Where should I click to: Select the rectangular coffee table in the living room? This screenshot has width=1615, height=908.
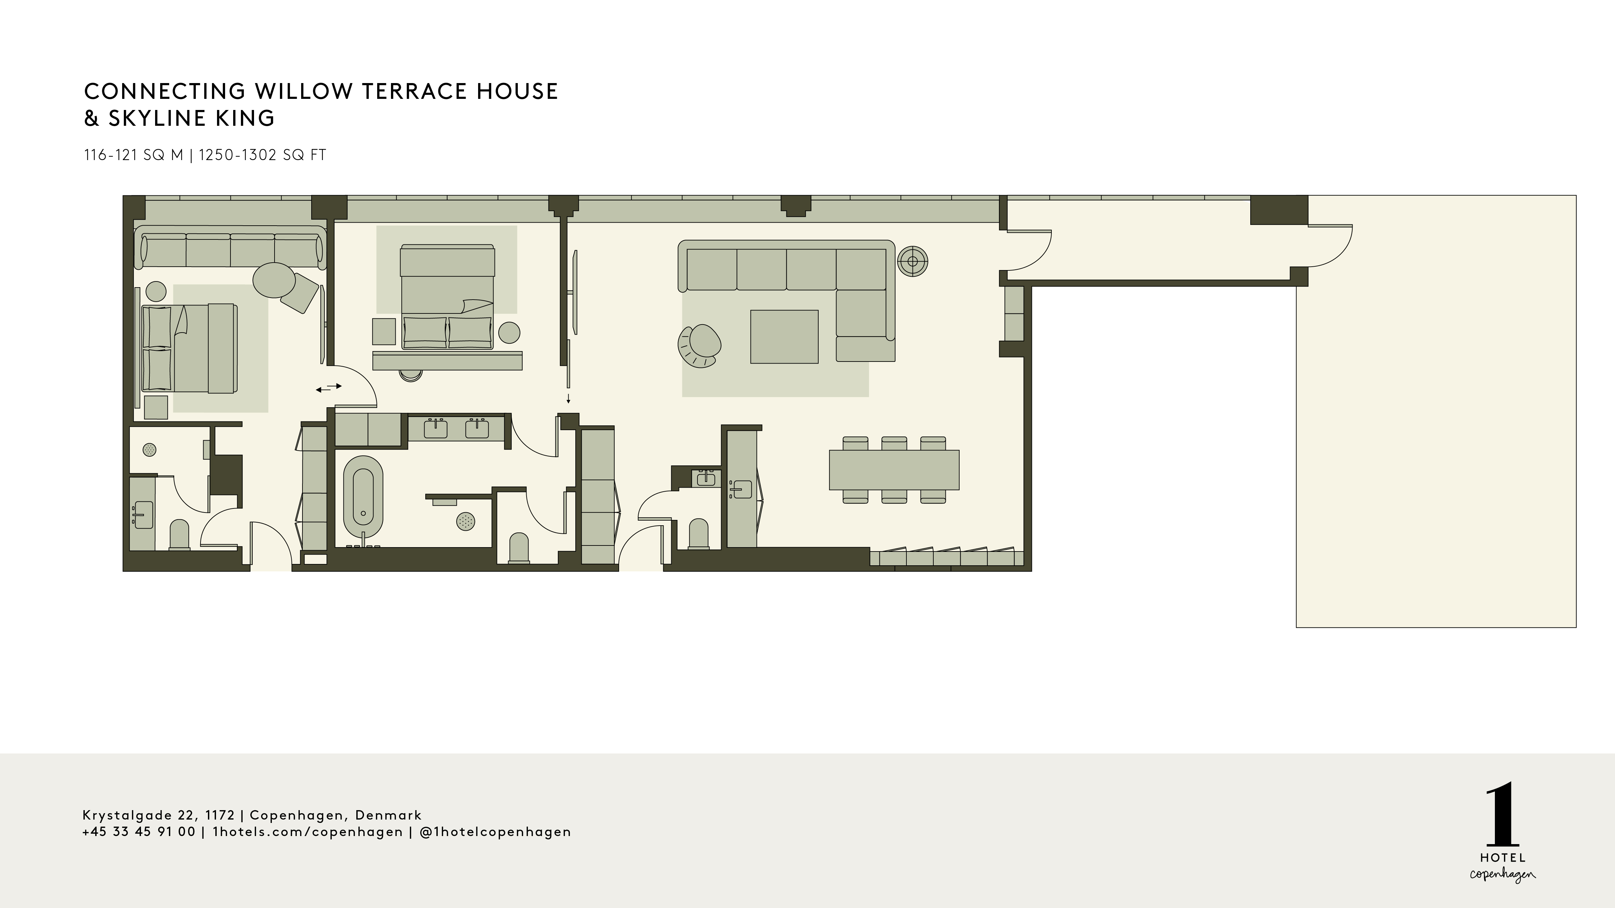[x=784, y=337]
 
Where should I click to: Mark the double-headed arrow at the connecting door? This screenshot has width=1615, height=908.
[x=328, y=388]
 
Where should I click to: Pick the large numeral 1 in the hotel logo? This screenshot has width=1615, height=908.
[x=1502, y=815]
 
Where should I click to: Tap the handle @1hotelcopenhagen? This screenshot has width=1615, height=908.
[x=495, y=832]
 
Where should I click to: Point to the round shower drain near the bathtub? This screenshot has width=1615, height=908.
[x=465, y=521]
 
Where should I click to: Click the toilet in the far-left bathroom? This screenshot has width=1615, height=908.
[x=179, y=534]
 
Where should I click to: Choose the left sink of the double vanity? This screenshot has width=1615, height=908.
[x=435, y=429]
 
